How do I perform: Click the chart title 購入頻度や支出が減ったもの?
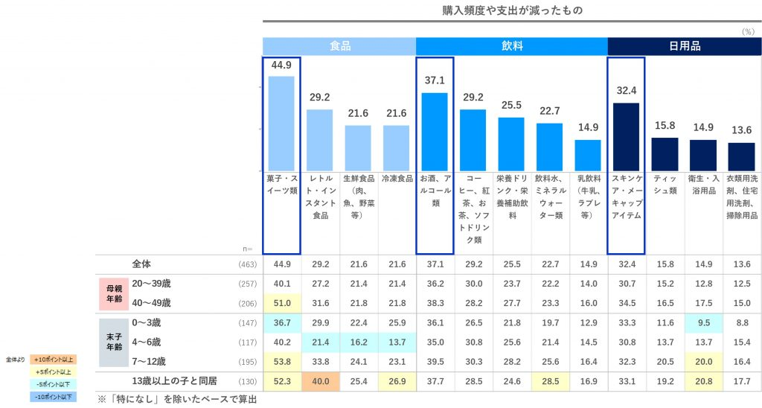pyautogui.click(x=512, y=10)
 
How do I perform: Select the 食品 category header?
pyautogui.click(x=339, y=46)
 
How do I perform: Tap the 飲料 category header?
pyautogui.click(x=512, y=46)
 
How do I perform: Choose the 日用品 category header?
pyautogui.click(x=685, y=46)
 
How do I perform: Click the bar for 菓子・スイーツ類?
pyautogui.click(x=281, y=123)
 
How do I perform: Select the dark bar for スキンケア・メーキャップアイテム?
pyautogui.click(x=626, y=136)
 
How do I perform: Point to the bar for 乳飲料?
pyautogui.click(x=588, y=155)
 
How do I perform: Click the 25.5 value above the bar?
pyautogui.click(x=510, y=105)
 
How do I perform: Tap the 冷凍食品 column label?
pyautogui.click(x=397, y=180)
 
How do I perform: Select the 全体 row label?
pyautogui.click(x=141, y=264)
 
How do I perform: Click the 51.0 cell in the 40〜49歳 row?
pyautogui.click(x=281, y=303)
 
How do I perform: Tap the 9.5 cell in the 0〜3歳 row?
pyautogui.click(x=703, y=322)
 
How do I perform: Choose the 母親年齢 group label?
pyautogui.click(x=109, y=293)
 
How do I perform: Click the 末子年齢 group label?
pyautogui.click(x=109, y=342)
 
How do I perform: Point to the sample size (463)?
pyautogui.click(x=248, y=265)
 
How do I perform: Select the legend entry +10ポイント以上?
pyautogui.click(x=54, y=360)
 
